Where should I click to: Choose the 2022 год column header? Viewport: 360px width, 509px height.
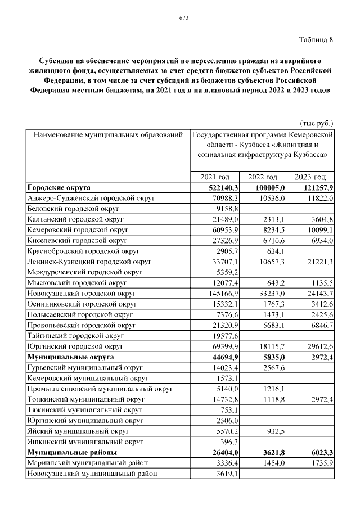click(263, 177)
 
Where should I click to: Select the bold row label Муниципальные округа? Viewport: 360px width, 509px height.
click(71, 357)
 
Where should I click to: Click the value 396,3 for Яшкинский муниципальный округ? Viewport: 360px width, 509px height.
click(231, 442)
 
